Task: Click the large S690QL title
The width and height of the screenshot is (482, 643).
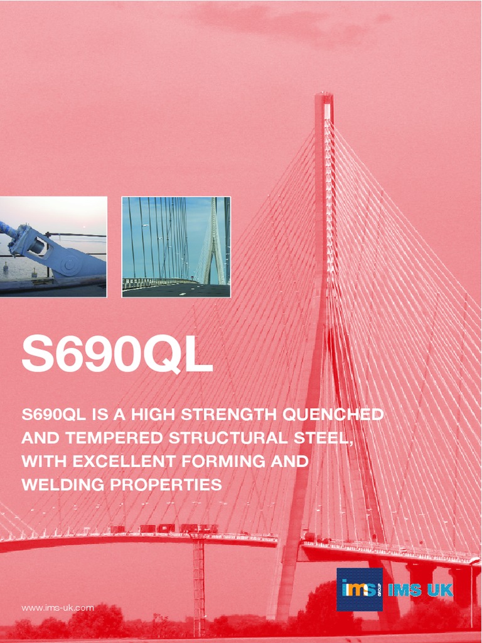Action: [x=117, y=355]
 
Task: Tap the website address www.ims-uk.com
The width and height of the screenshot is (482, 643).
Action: [x=58, y=608]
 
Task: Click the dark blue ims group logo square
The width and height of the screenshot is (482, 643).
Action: [x=359, y=590]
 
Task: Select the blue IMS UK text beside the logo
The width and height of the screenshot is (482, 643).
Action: [x=420, y=590]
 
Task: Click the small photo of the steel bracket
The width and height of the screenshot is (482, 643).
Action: [x=53, y=247]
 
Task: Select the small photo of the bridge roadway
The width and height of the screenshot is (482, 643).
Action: [x=176, y=247]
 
